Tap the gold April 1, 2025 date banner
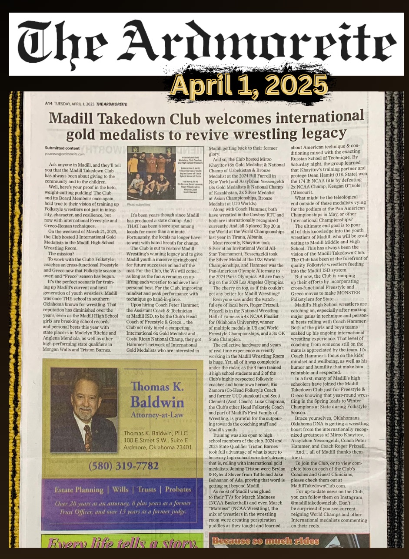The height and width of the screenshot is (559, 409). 249,85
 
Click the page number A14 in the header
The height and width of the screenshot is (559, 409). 50,104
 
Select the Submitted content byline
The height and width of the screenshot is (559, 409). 62,148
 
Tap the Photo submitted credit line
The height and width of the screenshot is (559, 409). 138,204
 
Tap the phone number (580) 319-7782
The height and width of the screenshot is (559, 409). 123,466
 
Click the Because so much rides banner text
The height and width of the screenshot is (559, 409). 265,541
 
